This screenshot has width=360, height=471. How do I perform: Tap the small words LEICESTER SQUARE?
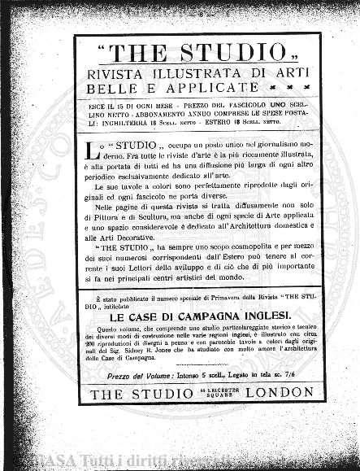(x=197, y=394)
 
